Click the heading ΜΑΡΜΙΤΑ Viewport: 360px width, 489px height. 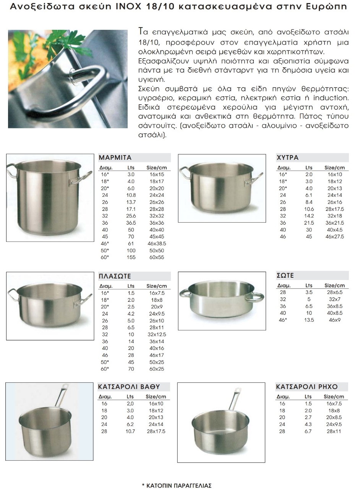coord(115,157)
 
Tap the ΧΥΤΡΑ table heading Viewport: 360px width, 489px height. coord(287,157)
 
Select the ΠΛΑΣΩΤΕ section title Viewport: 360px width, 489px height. coord(115,276)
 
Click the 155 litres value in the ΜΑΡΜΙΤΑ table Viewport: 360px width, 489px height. coord(131,257)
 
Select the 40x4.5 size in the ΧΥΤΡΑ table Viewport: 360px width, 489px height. coord(334,230)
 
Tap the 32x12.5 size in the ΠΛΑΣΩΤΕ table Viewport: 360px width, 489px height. coord(157,334)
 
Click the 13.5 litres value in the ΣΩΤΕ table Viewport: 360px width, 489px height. coord(309,320)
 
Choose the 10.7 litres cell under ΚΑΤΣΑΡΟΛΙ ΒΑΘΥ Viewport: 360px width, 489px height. coord(130,431)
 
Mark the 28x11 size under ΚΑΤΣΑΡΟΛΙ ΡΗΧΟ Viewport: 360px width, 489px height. coord(334,431)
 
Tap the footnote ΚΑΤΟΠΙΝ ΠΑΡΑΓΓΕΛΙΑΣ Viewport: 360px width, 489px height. coord(177,486)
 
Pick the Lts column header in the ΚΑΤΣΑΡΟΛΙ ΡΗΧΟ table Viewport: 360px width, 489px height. coord(308,397)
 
